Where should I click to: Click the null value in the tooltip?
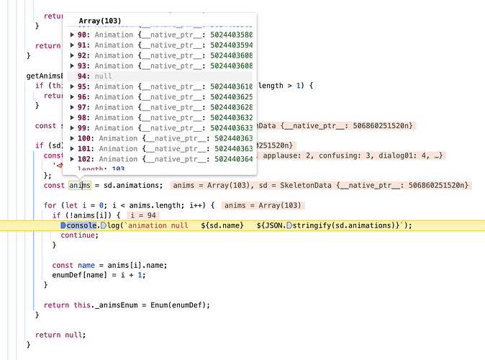click(104, 76)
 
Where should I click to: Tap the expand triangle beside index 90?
click(72, 35)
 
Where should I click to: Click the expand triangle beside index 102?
click(72, 159)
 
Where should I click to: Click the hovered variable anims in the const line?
click(80, 186)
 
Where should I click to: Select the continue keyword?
click(79, 235)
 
